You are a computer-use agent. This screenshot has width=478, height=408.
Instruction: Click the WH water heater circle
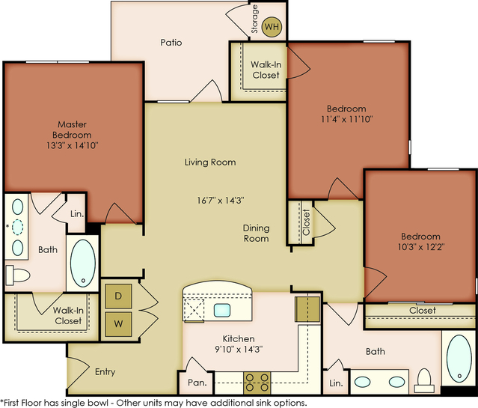(272, 26)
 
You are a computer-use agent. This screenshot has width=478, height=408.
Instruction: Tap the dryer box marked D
(118, 296)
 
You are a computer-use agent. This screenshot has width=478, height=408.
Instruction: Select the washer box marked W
(118, 324)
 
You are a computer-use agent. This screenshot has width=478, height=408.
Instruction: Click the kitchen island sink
(222, 310)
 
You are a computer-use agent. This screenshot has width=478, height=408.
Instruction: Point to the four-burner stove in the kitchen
(257, 383)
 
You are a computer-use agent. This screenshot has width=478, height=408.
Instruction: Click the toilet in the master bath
(18, 275)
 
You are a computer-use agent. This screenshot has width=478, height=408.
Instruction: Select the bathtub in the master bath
(82, 263)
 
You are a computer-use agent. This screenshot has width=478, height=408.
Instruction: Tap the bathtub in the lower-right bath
(459, 359)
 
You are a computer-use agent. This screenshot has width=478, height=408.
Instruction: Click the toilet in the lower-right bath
(424, 380)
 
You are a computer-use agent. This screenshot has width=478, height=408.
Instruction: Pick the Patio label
(171, 42)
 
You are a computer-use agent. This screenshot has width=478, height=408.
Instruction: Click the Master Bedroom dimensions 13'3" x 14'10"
(73, 145)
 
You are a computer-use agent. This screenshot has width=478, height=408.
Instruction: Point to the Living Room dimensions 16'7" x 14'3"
(221, 200)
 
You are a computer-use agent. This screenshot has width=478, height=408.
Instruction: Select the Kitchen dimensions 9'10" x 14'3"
(239, 349)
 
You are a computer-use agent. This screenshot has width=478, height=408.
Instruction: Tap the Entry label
(105, 371)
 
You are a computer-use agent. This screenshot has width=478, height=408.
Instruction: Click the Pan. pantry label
(197, 383)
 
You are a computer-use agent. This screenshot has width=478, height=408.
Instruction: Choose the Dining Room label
(256, 233)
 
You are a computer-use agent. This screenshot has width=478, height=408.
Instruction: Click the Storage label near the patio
(254, 19)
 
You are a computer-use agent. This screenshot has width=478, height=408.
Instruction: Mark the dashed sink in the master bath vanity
(18, 228)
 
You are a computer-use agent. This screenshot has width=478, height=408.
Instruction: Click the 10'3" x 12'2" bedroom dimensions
(421, 246)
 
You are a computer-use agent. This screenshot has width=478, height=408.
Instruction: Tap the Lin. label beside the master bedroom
(77, 214)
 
